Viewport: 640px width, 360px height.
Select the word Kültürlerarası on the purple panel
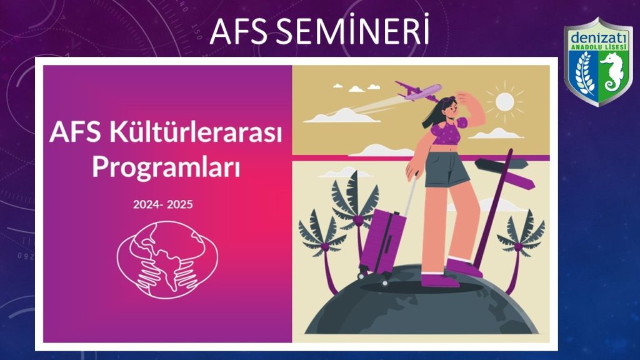(195, 132)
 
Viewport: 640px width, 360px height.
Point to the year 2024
(147, 204)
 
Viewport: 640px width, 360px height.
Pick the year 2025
(179, 204)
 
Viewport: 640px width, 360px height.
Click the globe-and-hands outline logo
(167, 259)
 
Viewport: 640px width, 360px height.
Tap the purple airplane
(418, 91)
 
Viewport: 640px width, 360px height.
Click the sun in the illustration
(504, 102)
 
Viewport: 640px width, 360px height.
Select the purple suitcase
(382, 243)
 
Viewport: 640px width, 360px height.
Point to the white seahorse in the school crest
(611, 72)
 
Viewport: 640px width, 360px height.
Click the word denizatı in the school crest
(598, 38)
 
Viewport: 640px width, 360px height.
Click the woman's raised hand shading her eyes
(465, 97)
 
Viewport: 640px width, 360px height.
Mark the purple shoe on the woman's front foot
(439, 280)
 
